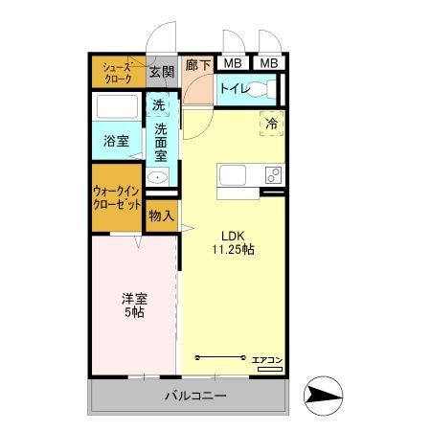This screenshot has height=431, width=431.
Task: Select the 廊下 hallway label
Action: pos(197,65)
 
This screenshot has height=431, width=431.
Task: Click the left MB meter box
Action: pos(232,64)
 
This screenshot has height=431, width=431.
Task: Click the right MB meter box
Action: pos(270,64)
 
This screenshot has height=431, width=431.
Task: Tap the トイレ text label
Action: pos(235,89)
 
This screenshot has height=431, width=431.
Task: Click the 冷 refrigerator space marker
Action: pos(271,123)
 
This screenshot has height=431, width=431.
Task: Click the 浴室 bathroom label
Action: pos(117,141)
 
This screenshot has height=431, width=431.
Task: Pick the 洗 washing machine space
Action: pos(160,106)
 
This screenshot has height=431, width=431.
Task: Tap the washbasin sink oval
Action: pos(158,177)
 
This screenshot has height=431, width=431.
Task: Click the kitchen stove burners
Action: pos(273,175)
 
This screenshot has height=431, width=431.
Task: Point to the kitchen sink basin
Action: pos(234,175)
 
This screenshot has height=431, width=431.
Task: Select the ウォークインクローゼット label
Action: pos(118,197)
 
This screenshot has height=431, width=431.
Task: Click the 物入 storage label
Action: pos(161,216)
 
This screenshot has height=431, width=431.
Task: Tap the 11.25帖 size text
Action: pos(233,249)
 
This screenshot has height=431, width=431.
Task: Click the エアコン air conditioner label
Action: pos(267,360)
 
